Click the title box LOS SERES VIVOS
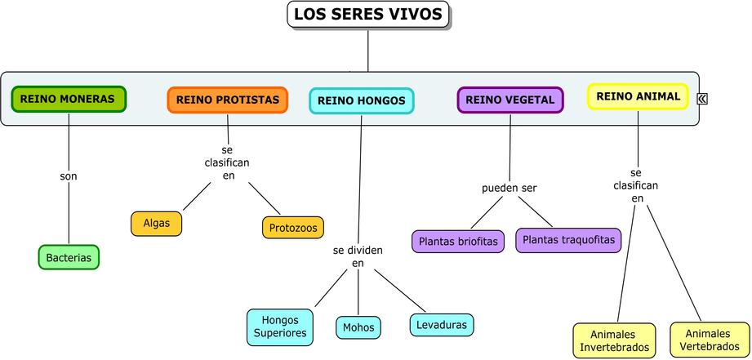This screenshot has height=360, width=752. [368, 15]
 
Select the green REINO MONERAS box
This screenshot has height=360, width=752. [69, 99]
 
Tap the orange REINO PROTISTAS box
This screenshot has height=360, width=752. [228, 100]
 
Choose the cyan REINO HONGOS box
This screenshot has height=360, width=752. [361, 100]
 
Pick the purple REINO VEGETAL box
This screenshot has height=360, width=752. [510, 100]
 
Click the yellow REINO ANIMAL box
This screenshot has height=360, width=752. [638, 96]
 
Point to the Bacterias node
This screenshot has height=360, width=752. [69, 257]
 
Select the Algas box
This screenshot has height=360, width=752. [156, 223]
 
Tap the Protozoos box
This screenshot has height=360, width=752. [293, 227]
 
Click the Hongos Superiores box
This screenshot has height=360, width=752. [280, 327]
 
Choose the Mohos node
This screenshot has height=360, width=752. [358, 327]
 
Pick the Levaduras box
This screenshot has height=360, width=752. [441, 324]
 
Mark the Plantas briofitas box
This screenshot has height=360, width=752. [458, 242]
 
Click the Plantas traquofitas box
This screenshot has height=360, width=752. [568, 240]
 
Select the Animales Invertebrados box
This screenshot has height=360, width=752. [614, 340]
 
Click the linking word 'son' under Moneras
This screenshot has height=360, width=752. [69, 176]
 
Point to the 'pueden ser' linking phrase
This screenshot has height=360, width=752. [509, 188]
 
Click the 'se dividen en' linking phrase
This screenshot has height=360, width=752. [358, 256]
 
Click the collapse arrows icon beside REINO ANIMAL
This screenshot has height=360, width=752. [702, 99]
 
